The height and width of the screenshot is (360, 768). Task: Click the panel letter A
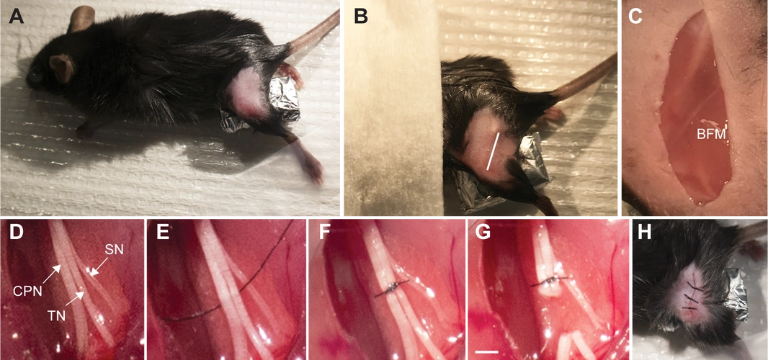pos(16,17)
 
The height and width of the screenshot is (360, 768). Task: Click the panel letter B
pos(361,17)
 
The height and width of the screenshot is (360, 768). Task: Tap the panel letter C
pos(635,17)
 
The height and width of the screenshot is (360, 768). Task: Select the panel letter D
pos(16,234)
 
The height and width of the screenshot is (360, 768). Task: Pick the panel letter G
pos(483,234)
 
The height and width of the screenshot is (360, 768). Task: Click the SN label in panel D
pos(114,248)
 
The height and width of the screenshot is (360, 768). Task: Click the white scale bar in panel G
pos(487,351)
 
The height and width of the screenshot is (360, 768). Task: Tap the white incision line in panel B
pos(496,151)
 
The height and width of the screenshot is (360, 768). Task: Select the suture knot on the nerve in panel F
pos(392,287)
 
